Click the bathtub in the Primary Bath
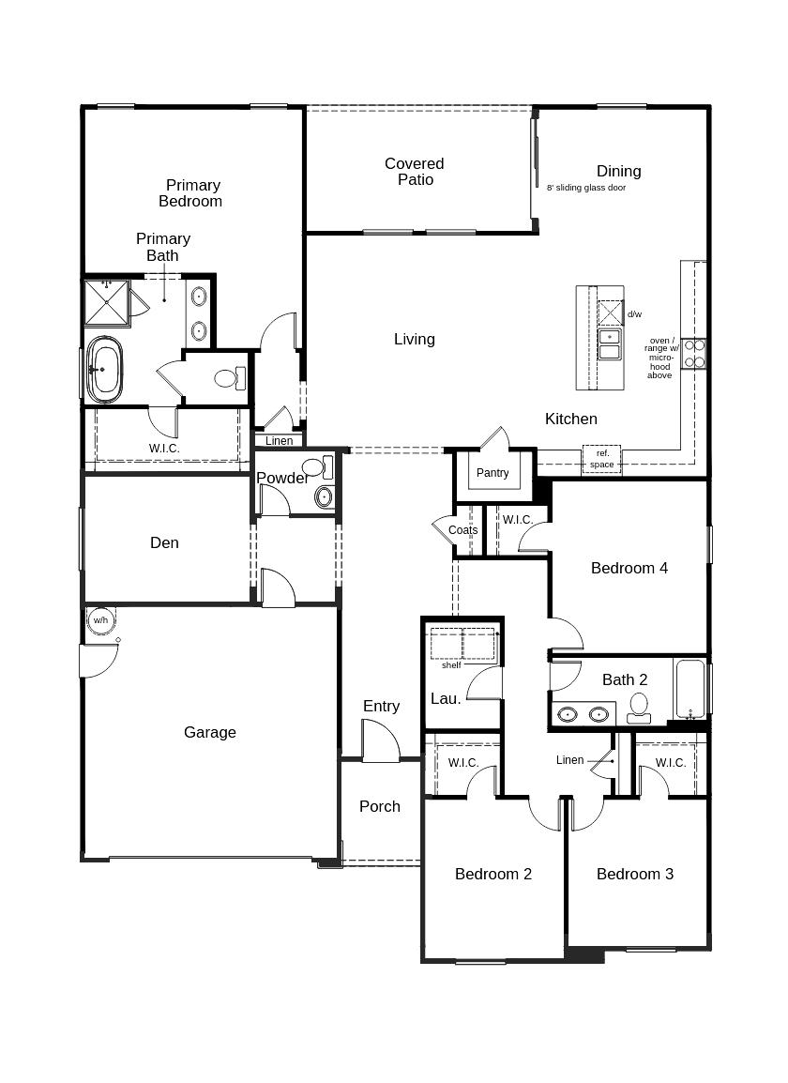tap(104, 370)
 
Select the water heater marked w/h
tap(100, 620)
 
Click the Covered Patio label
tap(414, 172)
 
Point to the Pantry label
tap(492, 473)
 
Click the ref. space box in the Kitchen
tap(601, 459)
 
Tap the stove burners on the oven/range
tap(694, 354)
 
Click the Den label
tap(164, 542)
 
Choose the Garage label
tap(209, 732)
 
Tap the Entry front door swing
tap(380, 741)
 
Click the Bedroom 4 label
tap(629, 568)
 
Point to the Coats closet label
tap(462, 530)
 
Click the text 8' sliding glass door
tap(586, 188)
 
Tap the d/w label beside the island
tap(635, 314)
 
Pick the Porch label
tap(379, 806)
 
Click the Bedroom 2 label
tap(492, 874)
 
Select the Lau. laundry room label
tap(446, 698)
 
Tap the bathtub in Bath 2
tap(689, 690)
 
